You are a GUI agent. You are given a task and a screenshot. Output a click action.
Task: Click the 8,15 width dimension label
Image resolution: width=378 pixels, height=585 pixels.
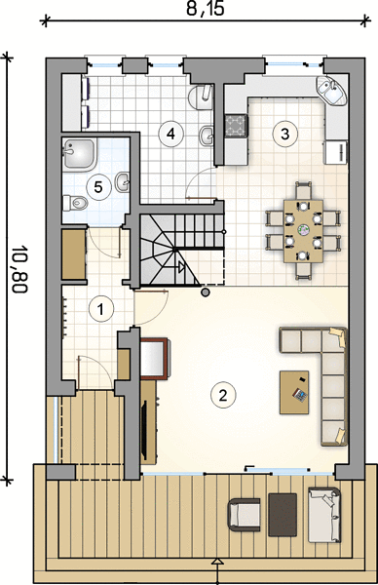[x=206, y=8]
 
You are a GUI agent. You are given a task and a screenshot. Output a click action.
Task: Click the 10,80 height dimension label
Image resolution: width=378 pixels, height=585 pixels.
[x=19, y=269]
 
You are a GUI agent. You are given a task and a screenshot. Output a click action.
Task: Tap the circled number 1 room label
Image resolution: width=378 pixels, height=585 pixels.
[x=100, y=309]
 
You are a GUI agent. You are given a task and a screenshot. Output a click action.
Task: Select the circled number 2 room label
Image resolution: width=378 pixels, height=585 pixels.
[x=223, y=395]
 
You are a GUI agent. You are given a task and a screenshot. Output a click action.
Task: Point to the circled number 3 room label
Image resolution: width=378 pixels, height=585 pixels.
[x=285, y=134]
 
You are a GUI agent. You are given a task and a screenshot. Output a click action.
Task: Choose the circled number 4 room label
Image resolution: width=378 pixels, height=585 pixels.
[x=170, y=134]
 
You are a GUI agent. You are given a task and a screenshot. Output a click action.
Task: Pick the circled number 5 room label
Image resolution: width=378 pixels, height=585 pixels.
[x=98, y=187]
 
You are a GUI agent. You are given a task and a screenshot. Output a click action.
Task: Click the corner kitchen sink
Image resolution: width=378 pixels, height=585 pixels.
[x=331, y=90]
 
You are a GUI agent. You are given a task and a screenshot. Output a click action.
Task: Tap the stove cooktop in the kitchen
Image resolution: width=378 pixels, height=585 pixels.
[x=235, y=125]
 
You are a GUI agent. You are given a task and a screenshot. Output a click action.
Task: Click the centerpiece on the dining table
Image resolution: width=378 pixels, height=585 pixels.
[x=303, y=230]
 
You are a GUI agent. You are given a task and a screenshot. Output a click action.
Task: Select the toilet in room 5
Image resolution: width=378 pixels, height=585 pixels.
[x=75, y=203]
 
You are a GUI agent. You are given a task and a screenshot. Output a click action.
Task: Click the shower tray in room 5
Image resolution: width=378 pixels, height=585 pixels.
[x=80, y=154]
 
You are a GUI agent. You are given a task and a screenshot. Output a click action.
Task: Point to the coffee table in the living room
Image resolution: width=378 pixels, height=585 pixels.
[x=294, y=392]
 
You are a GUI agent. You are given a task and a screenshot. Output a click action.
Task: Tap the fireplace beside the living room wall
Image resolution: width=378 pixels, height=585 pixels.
[x=154, y=359]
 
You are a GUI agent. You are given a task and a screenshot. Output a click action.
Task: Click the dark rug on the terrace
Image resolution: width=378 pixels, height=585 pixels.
[x=283, y=515]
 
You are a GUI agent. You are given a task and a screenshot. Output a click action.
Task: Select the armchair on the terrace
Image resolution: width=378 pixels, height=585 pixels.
[x=245, y=515]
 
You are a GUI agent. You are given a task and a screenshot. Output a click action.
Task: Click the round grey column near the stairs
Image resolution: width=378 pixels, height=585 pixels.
[x=205, y=292]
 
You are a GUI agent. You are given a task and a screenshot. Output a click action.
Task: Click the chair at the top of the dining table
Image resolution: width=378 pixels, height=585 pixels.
[x=303, y=190]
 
